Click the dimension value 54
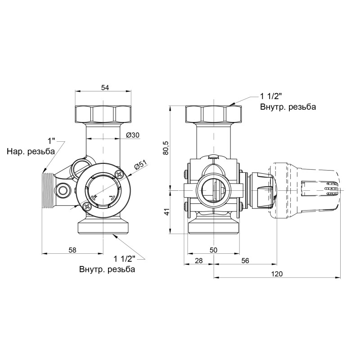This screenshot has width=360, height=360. [x=105, y=87]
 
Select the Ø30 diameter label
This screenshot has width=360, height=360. [x=133, y=135]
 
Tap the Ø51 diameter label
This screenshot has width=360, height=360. [x=141, y=166]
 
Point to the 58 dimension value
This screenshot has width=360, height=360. [x=72, y=250]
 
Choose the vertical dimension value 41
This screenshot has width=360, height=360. [x=166, y=212]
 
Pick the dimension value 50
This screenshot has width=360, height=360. [x=213, y=250]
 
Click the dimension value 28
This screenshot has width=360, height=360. [x=199, y=261]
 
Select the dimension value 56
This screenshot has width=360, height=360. [x=245, y=261]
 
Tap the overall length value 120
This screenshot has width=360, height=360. [x=277, y=274]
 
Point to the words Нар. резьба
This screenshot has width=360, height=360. [x=31, y=152]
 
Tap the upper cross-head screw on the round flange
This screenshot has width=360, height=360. [x=120, y=175]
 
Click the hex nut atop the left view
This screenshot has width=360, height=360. [x=103, y=114]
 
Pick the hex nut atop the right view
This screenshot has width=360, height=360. [x=213, y=114]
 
